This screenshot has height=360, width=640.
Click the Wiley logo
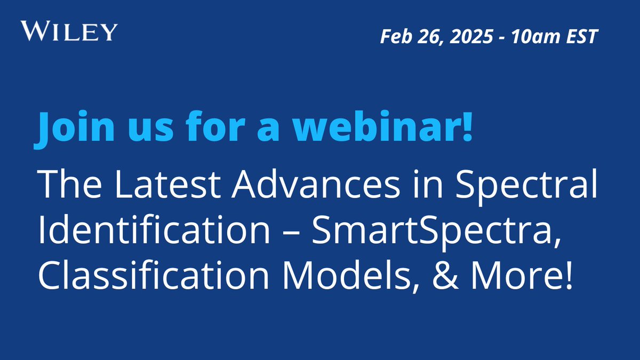tap(68, 31)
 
